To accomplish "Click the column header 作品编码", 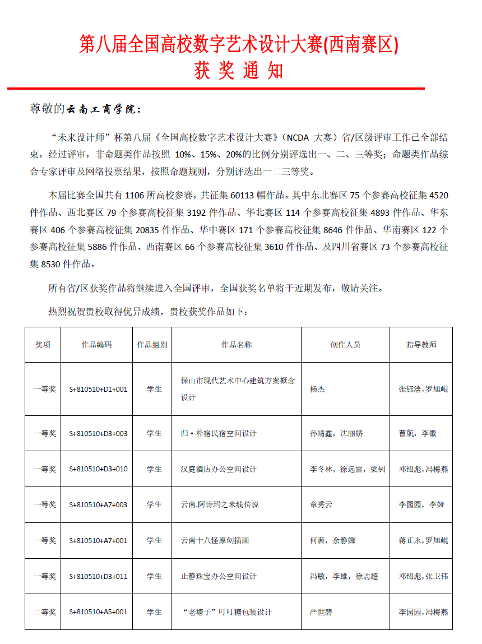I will point(96,345).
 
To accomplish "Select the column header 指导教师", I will point(421,345).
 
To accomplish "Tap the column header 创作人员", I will point(345,345).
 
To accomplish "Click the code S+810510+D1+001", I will point(98,389).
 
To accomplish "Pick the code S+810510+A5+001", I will point(98,612).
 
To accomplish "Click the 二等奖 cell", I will point(44,612).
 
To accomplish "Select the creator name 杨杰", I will point(317,389).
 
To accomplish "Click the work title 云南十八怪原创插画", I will point(215,540).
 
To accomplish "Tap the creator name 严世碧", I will point(321,612).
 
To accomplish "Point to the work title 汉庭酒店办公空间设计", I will point(219,469).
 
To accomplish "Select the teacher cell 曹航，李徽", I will point(418,433).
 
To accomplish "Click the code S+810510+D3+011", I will point(98,576).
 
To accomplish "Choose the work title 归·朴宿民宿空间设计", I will point(219,433).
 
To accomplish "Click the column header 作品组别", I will point(152,345).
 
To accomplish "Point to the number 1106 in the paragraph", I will point(135,196).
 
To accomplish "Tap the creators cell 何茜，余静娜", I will point(332,540).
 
